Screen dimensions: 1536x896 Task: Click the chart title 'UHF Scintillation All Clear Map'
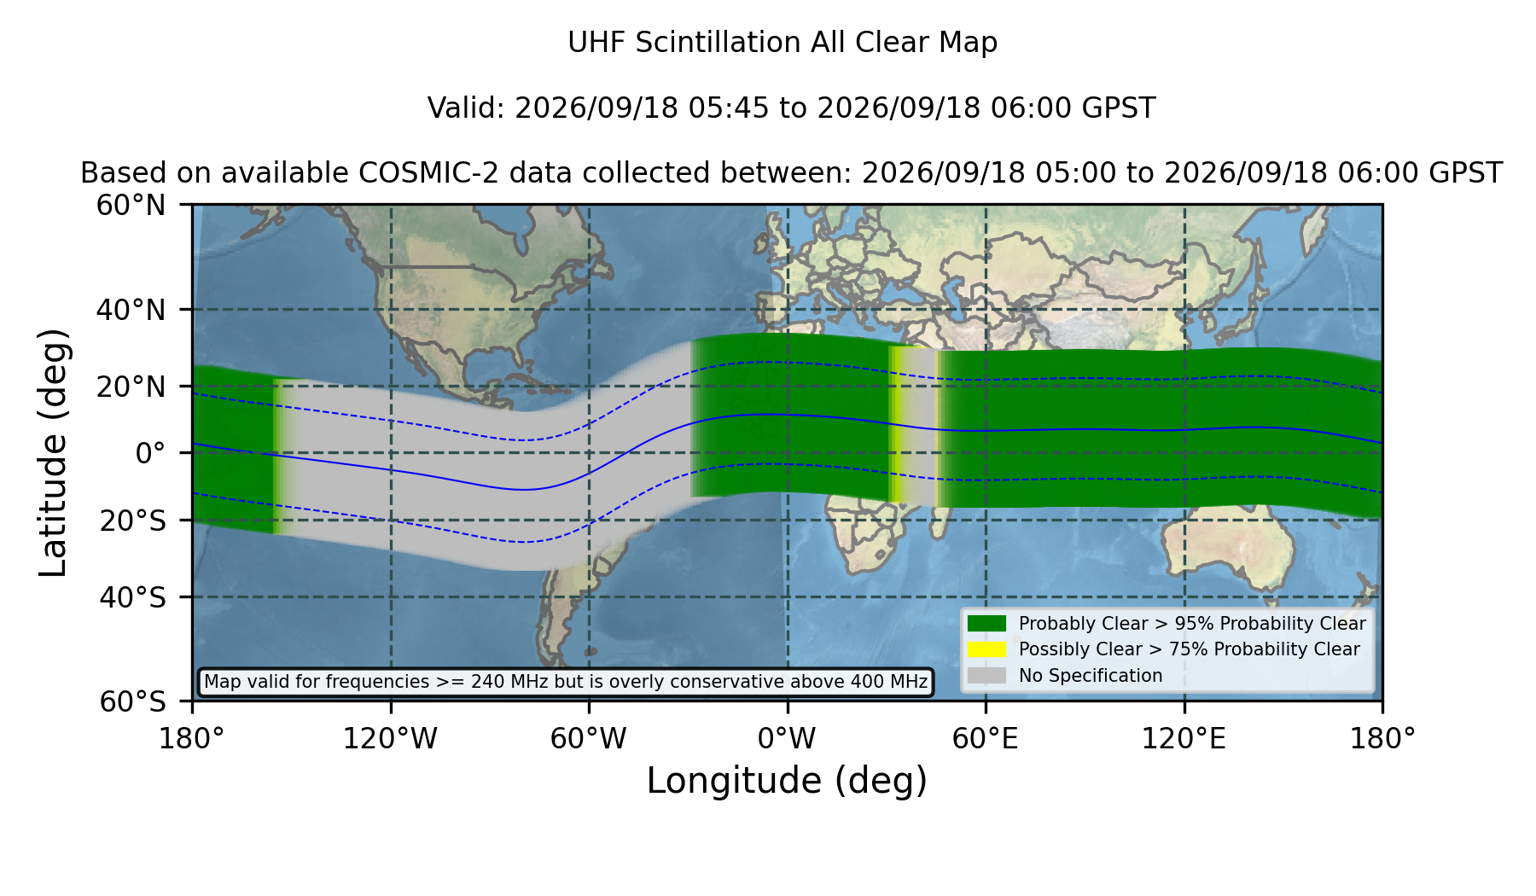tap(783, 43)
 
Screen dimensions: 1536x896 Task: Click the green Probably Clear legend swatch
tap(986, 623)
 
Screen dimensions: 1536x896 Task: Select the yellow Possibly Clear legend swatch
tap(986, 649)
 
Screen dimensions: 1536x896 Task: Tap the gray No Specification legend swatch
tap(986, 676)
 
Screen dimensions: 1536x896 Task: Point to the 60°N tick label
tap(131, 205)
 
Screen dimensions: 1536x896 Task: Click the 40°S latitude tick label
tap(132, 597)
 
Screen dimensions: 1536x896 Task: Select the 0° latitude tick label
tap(150, 453)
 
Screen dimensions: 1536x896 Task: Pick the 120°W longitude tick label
tap(390, 739)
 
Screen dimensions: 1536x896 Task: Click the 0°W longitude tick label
tap(787, 739)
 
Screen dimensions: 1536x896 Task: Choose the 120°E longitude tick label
tap(1184, 739)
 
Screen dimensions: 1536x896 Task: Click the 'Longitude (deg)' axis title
tap(787, 781)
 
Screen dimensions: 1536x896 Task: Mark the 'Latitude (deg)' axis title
tap(53, 452)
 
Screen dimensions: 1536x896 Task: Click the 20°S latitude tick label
tap(132, 521)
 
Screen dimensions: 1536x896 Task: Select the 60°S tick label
tap(132, 701)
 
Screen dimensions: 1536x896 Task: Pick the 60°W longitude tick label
tap(588, 739)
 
